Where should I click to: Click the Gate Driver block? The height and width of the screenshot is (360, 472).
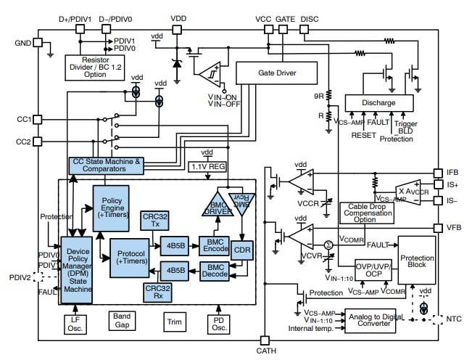coord(277,73)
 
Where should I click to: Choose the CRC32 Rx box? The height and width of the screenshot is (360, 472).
coord(154,292)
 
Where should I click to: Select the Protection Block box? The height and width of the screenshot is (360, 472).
coord(418,262)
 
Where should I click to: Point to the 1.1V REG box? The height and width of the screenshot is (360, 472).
coord(207,166)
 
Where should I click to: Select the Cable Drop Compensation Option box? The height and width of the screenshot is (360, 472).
coord(368,213)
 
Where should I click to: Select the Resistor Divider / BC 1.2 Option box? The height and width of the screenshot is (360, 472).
coord(96,65)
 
